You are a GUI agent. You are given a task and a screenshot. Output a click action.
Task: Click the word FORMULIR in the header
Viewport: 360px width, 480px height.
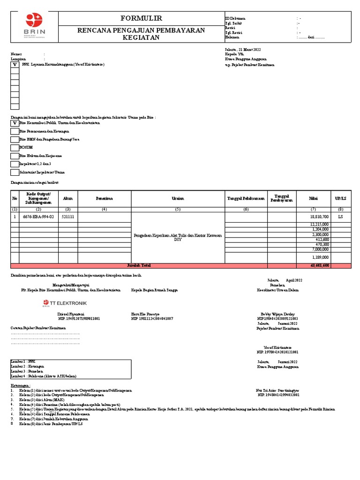point(141,18)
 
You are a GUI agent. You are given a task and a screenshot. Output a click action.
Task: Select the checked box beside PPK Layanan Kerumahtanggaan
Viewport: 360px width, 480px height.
point(15,65)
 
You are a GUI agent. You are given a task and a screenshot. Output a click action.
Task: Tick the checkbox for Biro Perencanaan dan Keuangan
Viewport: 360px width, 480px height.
point(15,132)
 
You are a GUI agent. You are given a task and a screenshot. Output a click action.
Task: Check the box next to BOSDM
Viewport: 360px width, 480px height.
point(15,148)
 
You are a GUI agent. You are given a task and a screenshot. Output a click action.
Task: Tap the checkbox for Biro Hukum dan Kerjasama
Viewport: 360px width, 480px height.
point(15,156)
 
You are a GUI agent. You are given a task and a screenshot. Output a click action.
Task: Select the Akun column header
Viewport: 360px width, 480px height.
point(68,199)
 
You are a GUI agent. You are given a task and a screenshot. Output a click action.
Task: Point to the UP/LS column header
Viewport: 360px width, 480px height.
point(340,199)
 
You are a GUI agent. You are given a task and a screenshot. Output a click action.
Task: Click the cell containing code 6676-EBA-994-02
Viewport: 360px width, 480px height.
point(38,217)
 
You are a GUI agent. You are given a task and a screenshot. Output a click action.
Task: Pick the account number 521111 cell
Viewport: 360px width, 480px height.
point(68,217)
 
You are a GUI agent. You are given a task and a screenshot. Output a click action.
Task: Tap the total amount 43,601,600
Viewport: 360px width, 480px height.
point(319,265)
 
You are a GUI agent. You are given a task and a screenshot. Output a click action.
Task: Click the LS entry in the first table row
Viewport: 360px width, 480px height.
point(340,217)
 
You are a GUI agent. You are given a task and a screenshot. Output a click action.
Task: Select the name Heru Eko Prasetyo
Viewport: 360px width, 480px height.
point(145,314)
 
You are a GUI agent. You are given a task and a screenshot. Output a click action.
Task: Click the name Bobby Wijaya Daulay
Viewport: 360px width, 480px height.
point(277,314)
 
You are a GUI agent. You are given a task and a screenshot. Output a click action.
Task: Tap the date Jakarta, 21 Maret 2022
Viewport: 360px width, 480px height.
point(243,49)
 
